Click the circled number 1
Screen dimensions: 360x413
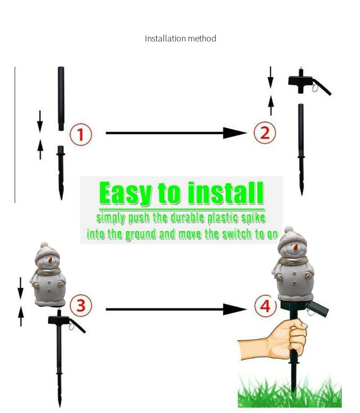(x=81, y=134)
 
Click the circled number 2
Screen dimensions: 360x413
(x=265, y=132)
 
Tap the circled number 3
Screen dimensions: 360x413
(x=81, y=306)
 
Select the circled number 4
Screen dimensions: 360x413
(x=265, y=306)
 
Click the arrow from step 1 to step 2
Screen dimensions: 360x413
(x=176, y=133)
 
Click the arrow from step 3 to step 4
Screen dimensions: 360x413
(x=176, y=309)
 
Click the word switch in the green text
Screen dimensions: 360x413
(x=237, y=234)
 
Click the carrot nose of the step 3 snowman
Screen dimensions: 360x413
(x=50, y=260)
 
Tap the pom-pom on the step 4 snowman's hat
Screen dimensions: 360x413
(x=289, y=229)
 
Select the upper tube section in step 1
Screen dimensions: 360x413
(x=61, y=98)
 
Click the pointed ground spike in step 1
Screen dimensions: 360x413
(x=61, y=173)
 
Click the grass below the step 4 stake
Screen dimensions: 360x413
(x=290, y=393)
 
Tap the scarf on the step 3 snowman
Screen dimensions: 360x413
(x=48, y=271)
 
